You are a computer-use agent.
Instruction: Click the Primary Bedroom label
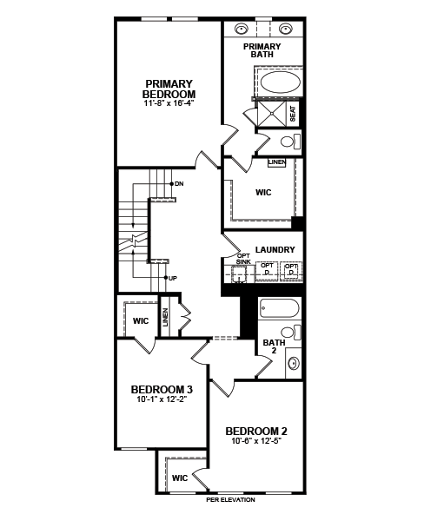[x=169, y=89]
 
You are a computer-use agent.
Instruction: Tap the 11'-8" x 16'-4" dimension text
[x=169, y=103]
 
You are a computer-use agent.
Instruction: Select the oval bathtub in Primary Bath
[x=280, y=82]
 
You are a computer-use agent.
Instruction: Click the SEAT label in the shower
[x=293, y=113]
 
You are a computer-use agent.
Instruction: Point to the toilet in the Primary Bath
[x=291, y=142]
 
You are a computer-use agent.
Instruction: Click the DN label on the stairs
[x=179, y=183]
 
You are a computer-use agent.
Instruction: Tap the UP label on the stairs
[x=173, y=279]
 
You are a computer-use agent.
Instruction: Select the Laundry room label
[x=275, y=249]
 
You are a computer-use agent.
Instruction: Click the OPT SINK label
[x=243, y=259]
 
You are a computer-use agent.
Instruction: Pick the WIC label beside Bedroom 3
[x=141, y=321]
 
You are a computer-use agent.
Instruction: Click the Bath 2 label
[x=274, y=346]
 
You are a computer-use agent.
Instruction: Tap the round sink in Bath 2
[x=294, y=363]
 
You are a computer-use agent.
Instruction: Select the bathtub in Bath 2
[x=280, y=308]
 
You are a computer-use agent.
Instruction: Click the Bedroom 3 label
[x=162, y=389]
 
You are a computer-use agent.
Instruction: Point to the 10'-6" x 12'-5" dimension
[x=256, y=441]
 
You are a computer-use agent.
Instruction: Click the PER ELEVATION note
[x=231, y=500]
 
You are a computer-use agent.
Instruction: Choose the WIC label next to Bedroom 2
[x=180, y=478]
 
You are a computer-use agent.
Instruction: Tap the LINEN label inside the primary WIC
[x=277, y=162]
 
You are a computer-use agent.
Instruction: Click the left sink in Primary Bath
[x=241, y=29]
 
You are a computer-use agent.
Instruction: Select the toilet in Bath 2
[x=291, y=332]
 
